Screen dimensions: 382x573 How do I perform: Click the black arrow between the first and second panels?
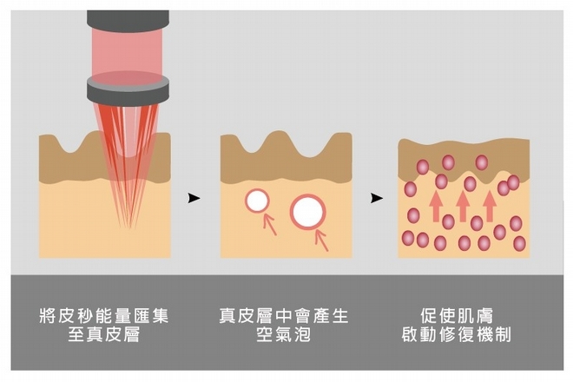194,198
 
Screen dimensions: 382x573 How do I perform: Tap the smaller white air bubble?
257,201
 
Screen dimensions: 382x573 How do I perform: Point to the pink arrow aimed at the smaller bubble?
270,224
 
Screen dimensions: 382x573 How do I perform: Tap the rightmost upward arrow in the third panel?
490,205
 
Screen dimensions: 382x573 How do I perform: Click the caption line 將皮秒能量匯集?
105,315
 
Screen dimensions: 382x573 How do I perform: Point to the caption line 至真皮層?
105,335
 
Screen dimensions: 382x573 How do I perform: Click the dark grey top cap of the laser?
128,16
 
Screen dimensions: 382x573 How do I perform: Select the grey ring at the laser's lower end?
128,87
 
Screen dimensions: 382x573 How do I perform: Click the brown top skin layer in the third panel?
464,155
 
